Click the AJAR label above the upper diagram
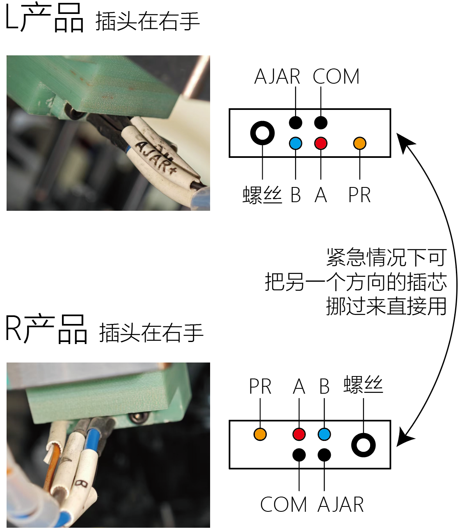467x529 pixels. coord(277,77)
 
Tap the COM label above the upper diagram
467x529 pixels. coord(336,77)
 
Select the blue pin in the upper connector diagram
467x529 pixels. coord(295,143)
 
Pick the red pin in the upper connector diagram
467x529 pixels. coord(320,143)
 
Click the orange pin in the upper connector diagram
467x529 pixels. coord(359,143)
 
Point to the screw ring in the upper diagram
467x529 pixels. coord(262,133)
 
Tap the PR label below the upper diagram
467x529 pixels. coord(359,195)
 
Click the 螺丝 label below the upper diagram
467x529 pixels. coord(262,195)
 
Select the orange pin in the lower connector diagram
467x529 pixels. coord(260,434)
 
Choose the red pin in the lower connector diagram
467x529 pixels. coord(299,434)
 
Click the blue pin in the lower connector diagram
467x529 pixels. coord(324,434)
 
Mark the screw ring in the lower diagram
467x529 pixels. coord(364,445)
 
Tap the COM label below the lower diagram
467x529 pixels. coord(284,504)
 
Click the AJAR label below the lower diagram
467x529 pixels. coord(341,504)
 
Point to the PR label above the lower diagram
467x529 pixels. coord(260,386)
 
